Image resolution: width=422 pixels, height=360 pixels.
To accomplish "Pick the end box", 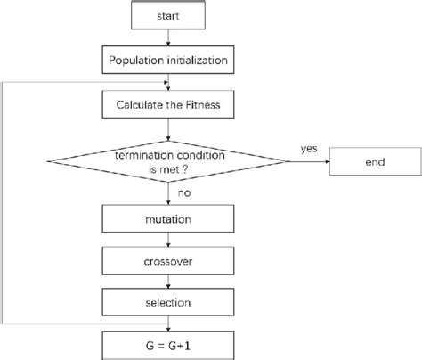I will [373, 162].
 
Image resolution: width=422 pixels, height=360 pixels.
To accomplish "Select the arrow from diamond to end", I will [309, 162].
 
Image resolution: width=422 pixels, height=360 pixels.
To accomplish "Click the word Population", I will [138, 61].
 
